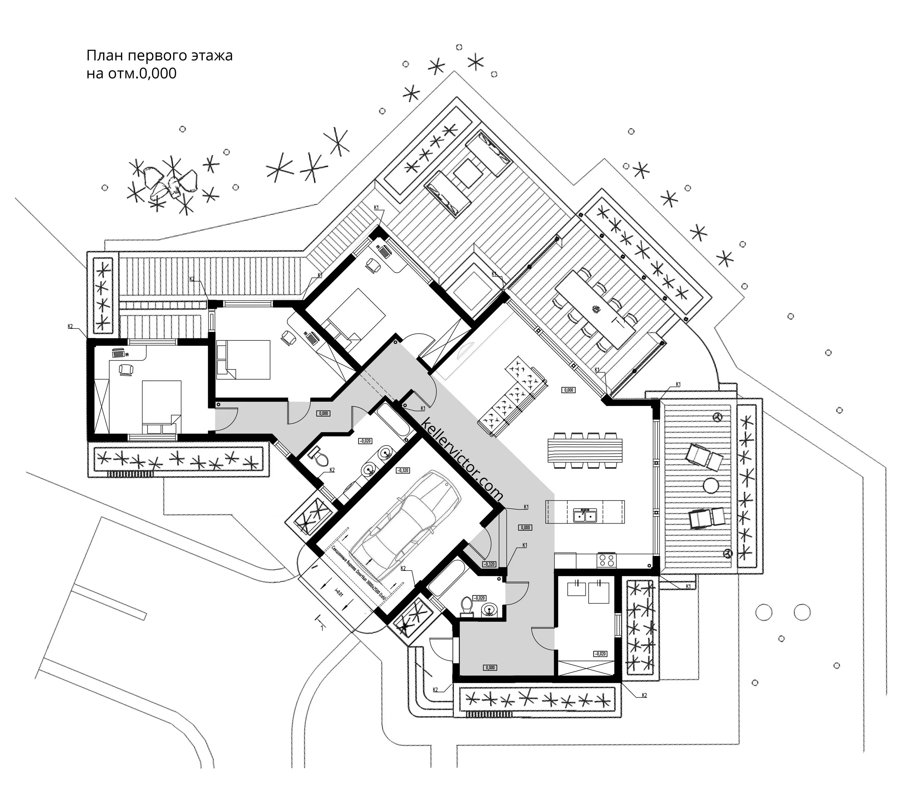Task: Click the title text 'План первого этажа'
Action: pos(159,56)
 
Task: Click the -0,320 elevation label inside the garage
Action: pos(402,470)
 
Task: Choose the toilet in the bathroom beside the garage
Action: pos(319,457)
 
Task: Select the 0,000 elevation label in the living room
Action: pos(568,390)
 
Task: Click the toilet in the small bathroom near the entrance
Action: pos(467,605)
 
